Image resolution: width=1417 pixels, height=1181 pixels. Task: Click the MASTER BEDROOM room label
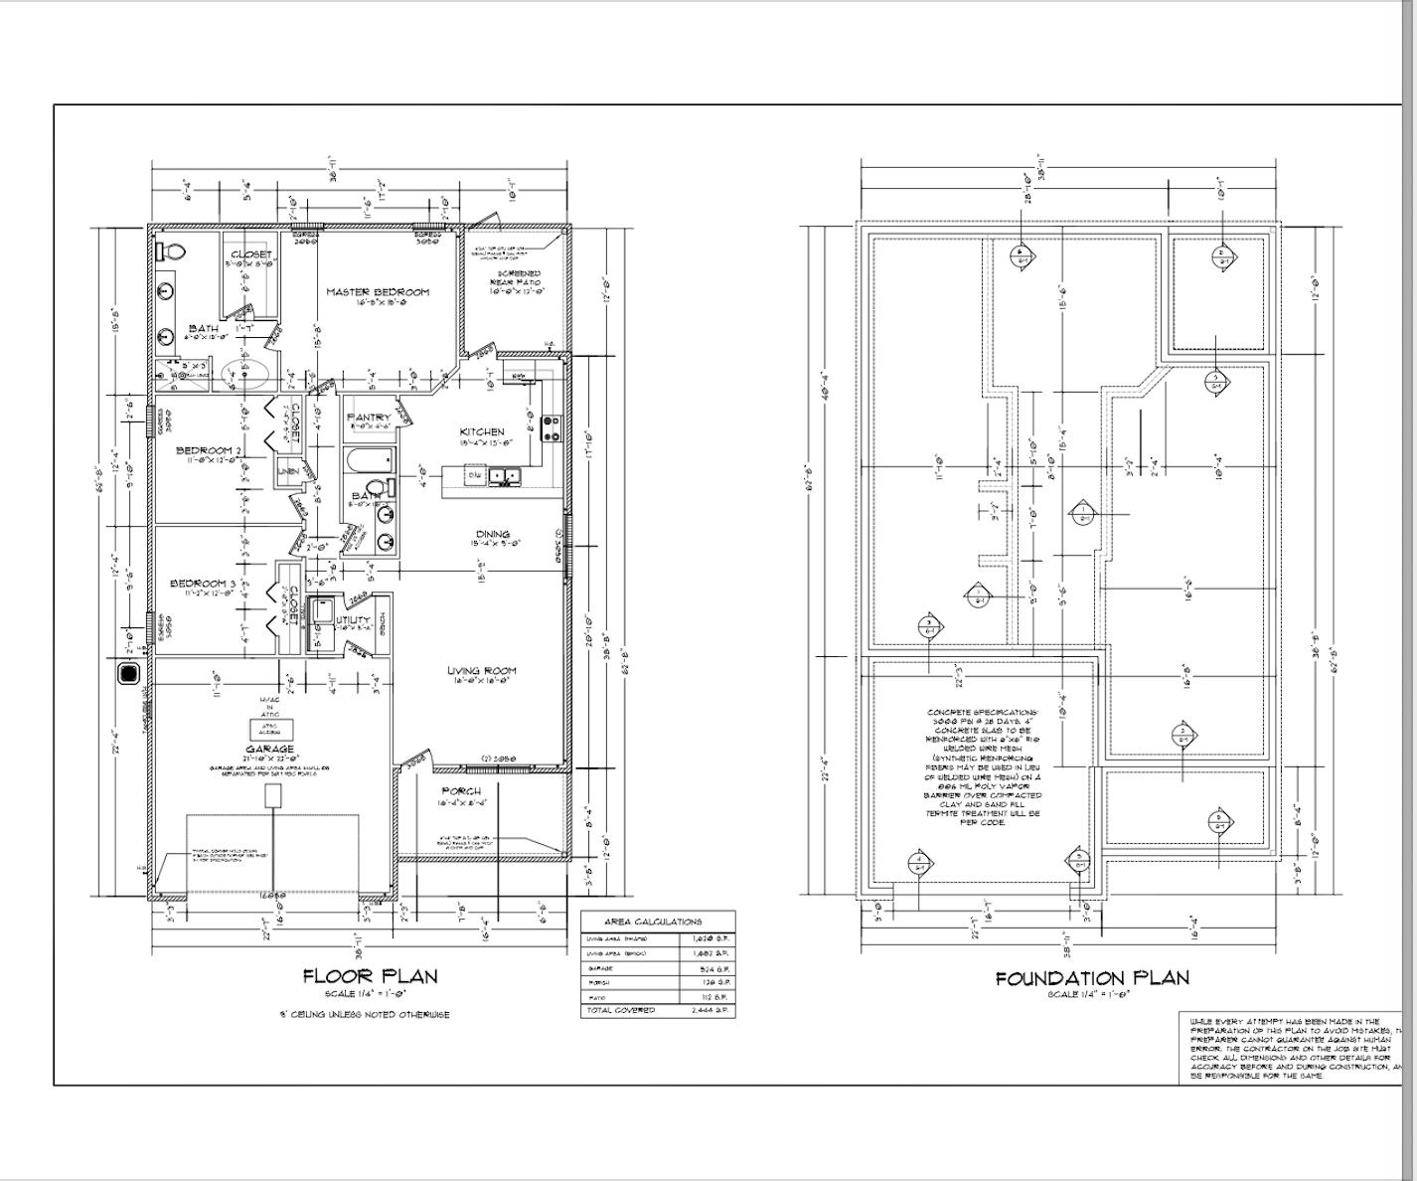(379, 291)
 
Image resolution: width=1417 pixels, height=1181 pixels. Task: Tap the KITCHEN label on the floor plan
(482, 431)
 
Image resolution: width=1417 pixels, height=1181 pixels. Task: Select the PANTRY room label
(369, 418)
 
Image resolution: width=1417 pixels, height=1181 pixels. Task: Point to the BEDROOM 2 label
(208, 450)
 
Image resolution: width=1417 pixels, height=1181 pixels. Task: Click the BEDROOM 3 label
(203, 584)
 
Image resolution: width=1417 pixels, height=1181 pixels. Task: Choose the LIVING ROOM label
(482, 671)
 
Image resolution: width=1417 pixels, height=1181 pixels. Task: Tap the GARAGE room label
(270, 749)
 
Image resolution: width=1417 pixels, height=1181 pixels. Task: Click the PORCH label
(462, 791)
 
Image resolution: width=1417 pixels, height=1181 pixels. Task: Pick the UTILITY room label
(354, 620)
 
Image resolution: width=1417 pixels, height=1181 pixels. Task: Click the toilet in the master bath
(172, 252)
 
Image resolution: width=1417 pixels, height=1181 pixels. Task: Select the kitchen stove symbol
(551, 428)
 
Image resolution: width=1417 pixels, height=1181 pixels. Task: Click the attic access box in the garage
(270, 730)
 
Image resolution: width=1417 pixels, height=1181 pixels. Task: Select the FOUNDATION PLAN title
(1092, 978)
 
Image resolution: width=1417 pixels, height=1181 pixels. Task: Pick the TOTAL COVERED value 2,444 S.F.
(709, 1010)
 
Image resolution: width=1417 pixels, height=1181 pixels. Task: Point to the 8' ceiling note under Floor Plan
(364, 1014)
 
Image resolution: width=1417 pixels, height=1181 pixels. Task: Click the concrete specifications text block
(983, 766)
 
